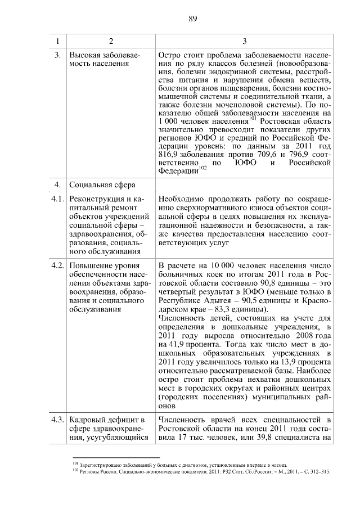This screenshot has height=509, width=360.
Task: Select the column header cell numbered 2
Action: coord(111,41)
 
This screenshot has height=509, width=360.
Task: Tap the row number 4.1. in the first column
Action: coord(56,200)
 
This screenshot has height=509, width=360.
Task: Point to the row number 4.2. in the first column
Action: coord(56,265)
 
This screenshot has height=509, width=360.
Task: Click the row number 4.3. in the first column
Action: coord(56,419)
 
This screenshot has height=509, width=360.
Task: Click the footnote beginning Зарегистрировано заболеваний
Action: coord(180,465)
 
